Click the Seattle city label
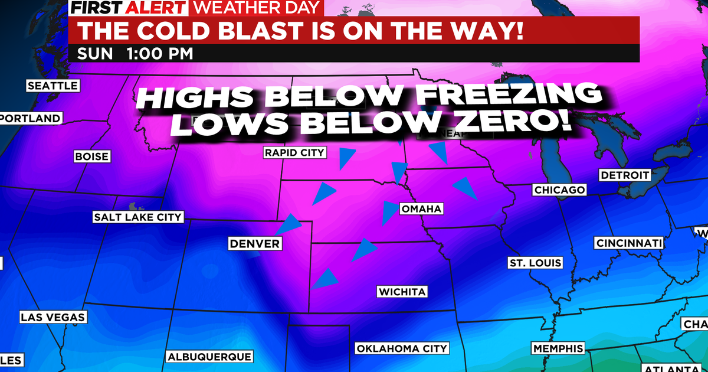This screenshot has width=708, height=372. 53,86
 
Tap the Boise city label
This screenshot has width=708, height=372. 91,156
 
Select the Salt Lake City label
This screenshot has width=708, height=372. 138,217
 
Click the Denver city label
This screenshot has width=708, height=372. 255,243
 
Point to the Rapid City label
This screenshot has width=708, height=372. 294,153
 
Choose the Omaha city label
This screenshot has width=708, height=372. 421,209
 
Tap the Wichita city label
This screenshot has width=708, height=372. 402,292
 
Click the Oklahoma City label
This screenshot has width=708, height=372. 402,348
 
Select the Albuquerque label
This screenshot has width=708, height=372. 210,357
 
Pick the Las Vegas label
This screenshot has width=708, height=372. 53,317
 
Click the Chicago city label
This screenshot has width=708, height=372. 559,190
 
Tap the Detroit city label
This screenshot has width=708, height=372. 625,175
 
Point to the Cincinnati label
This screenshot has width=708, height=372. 630,243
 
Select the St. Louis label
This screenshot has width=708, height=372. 535,262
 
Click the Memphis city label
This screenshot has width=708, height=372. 558,348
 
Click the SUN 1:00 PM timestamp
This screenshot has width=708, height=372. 135,53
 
